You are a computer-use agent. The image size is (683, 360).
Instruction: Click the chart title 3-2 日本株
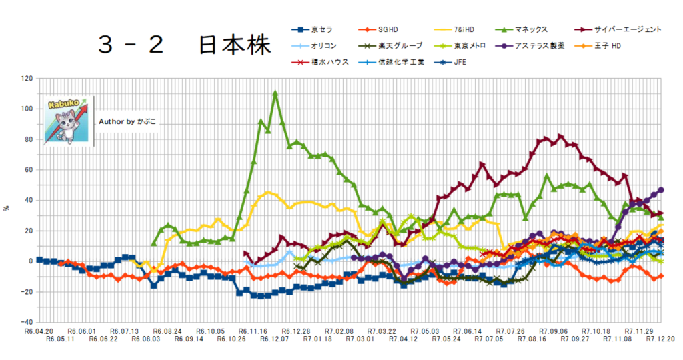tap(184, 45)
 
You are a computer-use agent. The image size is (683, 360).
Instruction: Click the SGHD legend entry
tap(388, 29)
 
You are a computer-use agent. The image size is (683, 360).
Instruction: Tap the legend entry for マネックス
tap(530, 29)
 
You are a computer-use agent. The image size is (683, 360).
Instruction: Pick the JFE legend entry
tap(460, 63)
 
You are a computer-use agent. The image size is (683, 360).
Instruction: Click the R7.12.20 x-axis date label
tap(660, 339)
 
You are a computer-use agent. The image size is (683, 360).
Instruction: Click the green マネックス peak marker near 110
tap(275, 94)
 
